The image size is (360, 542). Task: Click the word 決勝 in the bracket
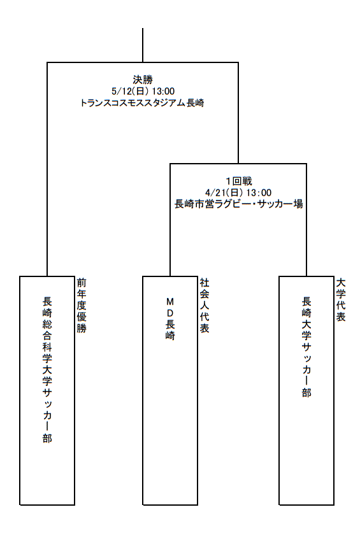coord(143,80)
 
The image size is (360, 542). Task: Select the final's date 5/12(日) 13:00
coord(143,91)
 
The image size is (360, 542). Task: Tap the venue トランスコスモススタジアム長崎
coord(142,103)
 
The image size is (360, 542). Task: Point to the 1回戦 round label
coord(238,181)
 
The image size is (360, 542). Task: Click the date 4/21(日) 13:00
coord(238,192)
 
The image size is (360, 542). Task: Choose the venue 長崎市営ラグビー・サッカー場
coord(238,204)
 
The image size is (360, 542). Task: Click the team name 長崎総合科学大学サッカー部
coord(47,370)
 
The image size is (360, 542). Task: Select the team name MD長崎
coord(170,318)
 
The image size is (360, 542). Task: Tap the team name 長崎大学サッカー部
coord(306,347)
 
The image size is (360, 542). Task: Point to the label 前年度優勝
coord(82,306)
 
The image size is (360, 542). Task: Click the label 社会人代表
coord(205,306)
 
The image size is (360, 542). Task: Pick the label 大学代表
coord(341,300)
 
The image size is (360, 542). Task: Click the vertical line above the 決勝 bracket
coord(143,45)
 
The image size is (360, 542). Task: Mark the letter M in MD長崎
coord(170,302)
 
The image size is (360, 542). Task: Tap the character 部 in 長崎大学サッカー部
coord(306,393)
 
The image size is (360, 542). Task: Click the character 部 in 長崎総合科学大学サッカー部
coord(47,438)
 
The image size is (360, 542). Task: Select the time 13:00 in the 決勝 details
coord(163,91)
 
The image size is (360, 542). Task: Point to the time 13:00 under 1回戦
coord(259,192)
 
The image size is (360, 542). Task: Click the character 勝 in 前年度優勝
coord(82,328)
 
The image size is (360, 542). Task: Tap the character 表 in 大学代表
coord(341,317)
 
